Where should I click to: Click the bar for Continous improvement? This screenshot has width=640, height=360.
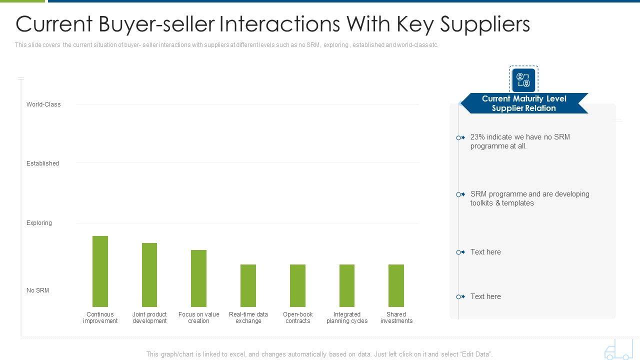[100, 271]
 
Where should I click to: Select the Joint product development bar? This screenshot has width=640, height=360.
[149, 275]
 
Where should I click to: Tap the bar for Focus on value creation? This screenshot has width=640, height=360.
[198, 278]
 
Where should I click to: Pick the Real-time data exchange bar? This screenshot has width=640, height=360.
[248, 285]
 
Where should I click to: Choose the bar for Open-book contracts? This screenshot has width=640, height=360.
[297, 285]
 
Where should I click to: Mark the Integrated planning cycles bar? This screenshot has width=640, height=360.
[347, 285]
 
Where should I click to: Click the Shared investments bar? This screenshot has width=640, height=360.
[396, 285]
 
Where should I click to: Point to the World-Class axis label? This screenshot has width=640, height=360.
[43, 104]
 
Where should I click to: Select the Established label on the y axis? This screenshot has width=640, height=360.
[42, 163]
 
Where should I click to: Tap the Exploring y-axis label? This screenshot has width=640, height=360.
[39, 223]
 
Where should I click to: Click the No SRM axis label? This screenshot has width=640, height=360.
[37, 290]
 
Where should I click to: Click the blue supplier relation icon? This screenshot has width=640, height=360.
[523, 80]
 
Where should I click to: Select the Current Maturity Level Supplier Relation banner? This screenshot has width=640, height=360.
[523, 103]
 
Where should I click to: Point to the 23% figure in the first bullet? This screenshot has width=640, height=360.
[477, 137]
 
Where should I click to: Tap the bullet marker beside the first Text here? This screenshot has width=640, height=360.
[460, 252]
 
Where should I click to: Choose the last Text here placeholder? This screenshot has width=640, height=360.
[485, 296]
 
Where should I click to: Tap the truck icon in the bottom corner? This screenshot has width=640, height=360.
[618, 349]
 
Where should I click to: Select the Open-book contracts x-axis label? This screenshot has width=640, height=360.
[297, 317]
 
